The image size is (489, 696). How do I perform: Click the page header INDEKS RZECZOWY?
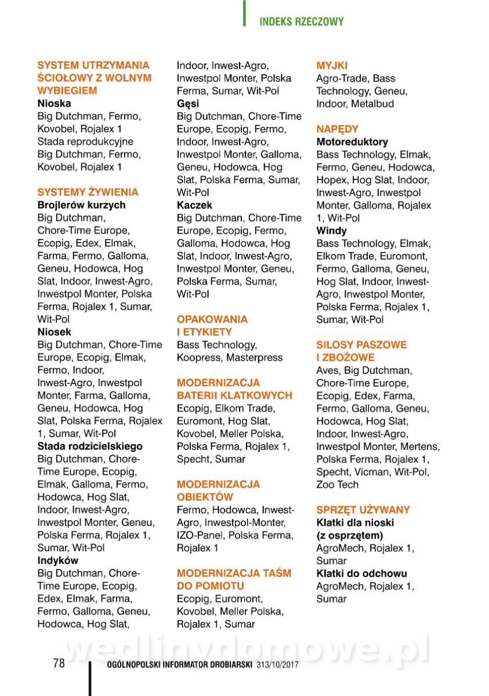click(301, 22)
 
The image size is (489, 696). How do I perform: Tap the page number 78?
click(59, 664)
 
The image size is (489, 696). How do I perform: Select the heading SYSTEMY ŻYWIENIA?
click(88, 192)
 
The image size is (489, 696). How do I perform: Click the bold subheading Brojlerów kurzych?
click(81, 205)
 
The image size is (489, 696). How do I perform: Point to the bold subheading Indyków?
click(57, 560)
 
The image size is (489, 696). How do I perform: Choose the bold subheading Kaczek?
click(194, 205)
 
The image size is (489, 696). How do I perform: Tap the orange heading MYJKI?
click(332, 66)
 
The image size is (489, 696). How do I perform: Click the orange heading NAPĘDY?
click(337, 129)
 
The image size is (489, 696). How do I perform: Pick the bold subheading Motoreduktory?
click(352, 142)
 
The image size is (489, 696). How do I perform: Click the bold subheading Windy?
click(331, 230)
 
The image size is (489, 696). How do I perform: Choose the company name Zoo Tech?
click(337, 484)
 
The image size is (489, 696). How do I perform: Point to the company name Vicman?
click(372, 472)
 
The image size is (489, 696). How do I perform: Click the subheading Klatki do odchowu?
click(361, 573)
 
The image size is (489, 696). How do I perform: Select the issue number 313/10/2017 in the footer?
click(277, 665)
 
